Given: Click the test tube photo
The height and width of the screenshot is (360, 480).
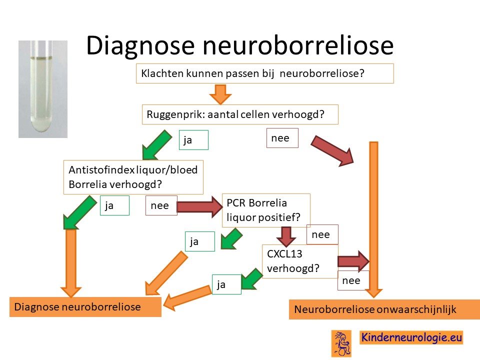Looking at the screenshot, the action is point(43,89).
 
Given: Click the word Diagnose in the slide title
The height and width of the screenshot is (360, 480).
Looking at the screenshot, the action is point(140,46).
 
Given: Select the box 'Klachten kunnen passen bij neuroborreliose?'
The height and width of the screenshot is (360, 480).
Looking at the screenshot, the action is point(265,73).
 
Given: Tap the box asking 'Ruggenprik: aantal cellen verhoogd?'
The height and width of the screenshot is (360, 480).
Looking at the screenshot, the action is point(240,114).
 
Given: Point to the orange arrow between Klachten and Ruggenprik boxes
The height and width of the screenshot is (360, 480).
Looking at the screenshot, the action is point(220,94).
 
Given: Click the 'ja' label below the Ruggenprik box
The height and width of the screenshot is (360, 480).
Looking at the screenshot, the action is point(193,140).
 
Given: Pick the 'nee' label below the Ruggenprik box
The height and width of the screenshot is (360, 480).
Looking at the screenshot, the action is point(282,138).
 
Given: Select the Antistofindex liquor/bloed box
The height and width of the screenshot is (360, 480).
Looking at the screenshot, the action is point(133,177).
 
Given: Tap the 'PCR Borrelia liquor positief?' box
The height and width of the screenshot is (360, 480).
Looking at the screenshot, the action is point(266,210).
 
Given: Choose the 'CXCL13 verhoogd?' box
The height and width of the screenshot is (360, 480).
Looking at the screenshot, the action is point(300,261).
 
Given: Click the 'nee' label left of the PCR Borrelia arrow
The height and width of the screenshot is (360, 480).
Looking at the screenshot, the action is point(161,205).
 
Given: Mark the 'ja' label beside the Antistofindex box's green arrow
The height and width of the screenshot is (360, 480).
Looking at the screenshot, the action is point(114,205).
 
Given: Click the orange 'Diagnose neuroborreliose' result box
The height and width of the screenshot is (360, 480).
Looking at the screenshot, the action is point(85,306).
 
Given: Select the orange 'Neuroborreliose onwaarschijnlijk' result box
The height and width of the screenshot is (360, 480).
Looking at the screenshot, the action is point(384,309).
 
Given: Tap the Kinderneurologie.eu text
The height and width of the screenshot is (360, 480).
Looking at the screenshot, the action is point(411,337).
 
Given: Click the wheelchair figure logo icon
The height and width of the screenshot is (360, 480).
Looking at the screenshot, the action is point(341,343).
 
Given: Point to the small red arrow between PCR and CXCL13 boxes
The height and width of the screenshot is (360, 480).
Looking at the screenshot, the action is point(286,236).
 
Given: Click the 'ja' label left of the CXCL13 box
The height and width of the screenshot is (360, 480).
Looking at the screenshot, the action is point(226,284).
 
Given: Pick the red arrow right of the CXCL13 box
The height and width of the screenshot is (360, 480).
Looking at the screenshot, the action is point(353,261).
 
